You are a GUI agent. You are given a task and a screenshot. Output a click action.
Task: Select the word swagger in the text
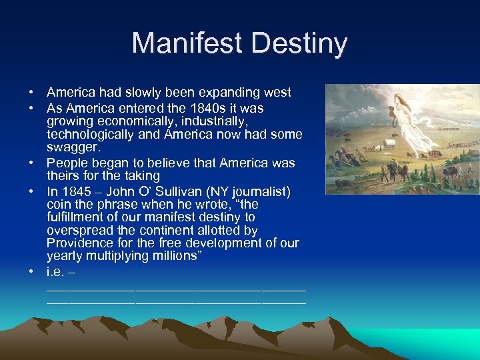point(73,147)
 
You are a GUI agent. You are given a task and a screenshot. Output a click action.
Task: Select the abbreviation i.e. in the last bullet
point(56,272)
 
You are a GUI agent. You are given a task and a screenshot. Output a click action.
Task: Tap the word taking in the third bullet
point(141,176)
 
